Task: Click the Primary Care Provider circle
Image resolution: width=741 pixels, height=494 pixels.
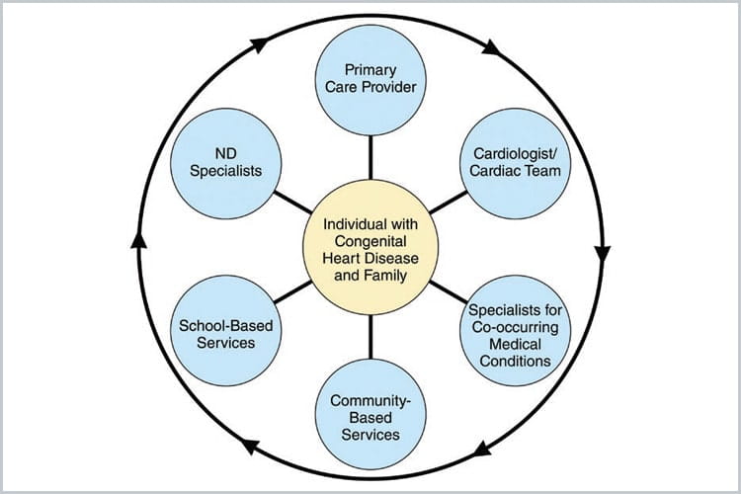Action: pos(370,79)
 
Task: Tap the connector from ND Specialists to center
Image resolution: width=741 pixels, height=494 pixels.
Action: pos(291,200)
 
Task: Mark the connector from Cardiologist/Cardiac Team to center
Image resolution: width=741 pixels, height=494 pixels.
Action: pos(449,200)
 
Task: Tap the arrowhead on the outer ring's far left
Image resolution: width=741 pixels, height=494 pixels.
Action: pos(136,242)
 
